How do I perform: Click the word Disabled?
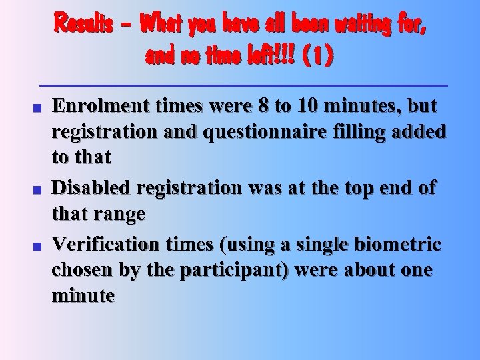[89, 189]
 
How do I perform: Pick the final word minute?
[83, 295]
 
